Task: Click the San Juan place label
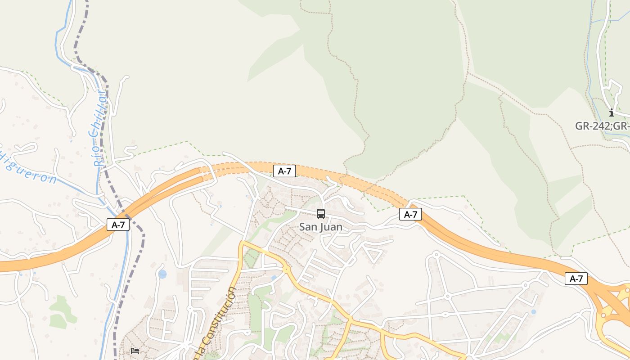pos(321,227)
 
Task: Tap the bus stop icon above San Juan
pos(321,214)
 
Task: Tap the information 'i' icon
pos(611,112)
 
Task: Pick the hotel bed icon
pos(135,351)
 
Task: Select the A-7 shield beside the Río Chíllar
pos(118,225)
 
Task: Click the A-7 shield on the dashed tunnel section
pos(284,171)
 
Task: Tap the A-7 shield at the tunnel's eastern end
pos(410,215)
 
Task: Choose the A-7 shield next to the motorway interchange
pos(576,279)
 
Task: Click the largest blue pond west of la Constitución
pos(162,274)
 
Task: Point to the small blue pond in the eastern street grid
pos(534,311)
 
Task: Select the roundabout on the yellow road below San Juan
pos(287,270)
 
